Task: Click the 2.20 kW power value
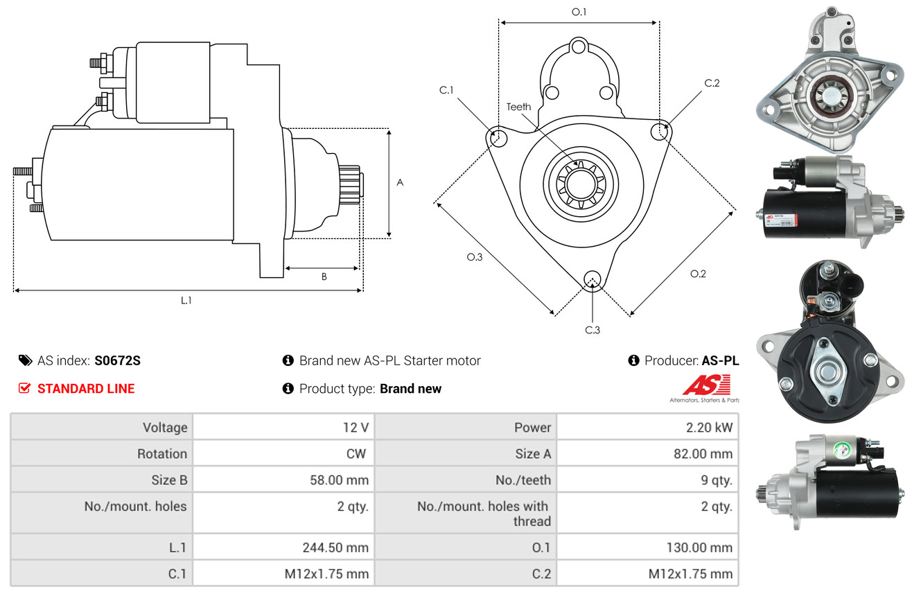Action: pos(709,428)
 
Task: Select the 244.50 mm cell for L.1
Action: pos(335,547)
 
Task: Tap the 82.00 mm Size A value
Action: pos(703,453)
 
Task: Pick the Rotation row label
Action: pos(162,453)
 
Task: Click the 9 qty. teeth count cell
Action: pos(716,480)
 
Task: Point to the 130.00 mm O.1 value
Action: pos(699,547)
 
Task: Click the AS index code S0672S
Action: pos(117,360)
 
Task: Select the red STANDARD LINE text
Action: pos(86,389)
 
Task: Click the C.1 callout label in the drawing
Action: pos(446,90)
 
